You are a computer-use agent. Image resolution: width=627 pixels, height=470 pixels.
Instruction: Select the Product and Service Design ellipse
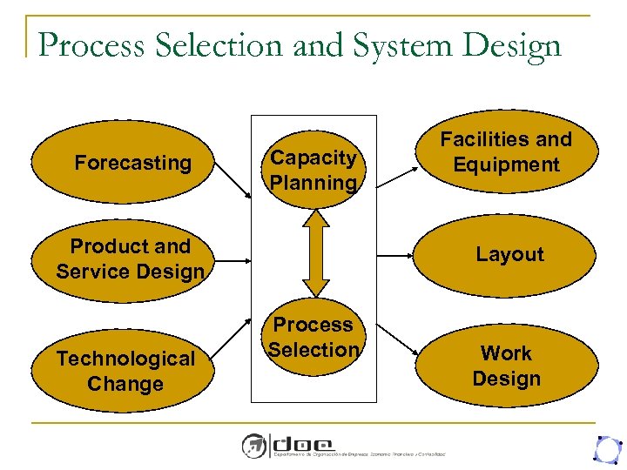[130, 258]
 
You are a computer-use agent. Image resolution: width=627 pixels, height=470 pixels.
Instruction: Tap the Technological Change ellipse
[125, 371]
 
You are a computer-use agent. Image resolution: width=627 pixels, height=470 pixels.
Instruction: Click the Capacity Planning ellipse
[313, 170]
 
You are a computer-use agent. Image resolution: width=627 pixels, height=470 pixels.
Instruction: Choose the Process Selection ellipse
[313, 337]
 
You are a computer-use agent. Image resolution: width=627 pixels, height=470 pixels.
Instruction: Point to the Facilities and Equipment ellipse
[506, 151]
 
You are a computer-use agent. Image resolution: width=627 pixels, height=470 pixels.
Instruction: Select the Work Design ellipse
[506, 366]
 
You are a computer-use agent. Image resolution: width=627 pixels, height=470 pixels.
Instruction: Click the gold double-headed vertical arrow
[314, 252]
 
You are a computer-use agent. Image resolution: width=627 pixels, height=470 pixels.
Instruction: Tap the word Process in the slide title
[91, 44]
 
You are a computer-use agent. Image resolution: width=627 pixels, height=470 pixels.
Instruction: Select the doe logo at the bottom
[287, 445]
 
